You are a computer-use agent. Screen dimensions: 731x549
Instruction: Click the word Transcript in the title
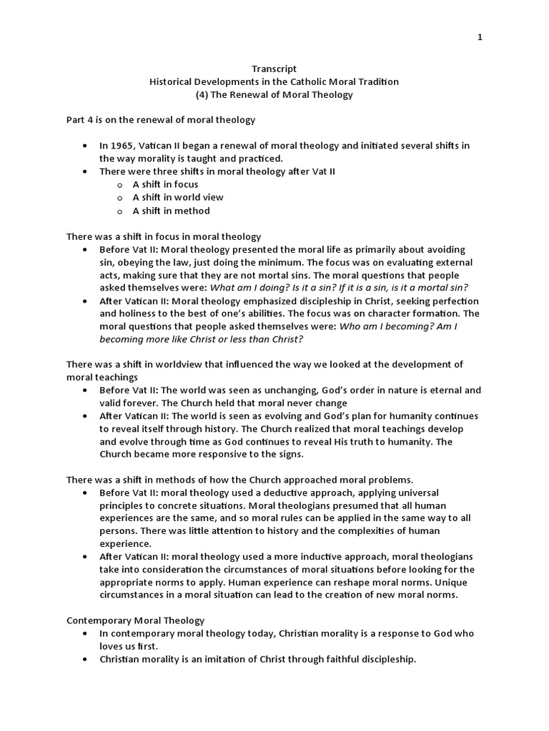pos(274,69)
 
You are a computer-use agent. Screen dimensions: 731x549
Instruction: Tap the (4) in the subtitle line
pos(202,94)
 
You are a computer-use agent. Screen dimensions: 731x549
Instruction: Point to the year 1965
pos(124,146)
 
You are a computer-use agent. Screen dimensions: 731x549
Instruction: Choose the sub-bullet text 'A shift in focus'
pos(165,184)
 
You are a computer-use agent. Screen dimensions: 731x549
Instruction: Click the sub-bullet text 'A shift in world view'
pos(178,197)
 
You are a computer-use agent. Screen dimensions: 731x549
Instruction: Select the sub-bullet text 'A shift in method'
pos(171,211)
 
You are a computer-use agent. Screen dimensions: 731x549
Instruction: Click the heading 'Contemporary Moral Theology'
pos(135,621)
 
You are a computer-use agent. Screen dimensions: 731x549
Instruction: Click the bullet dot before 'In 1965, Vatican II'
pos(85,146)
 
